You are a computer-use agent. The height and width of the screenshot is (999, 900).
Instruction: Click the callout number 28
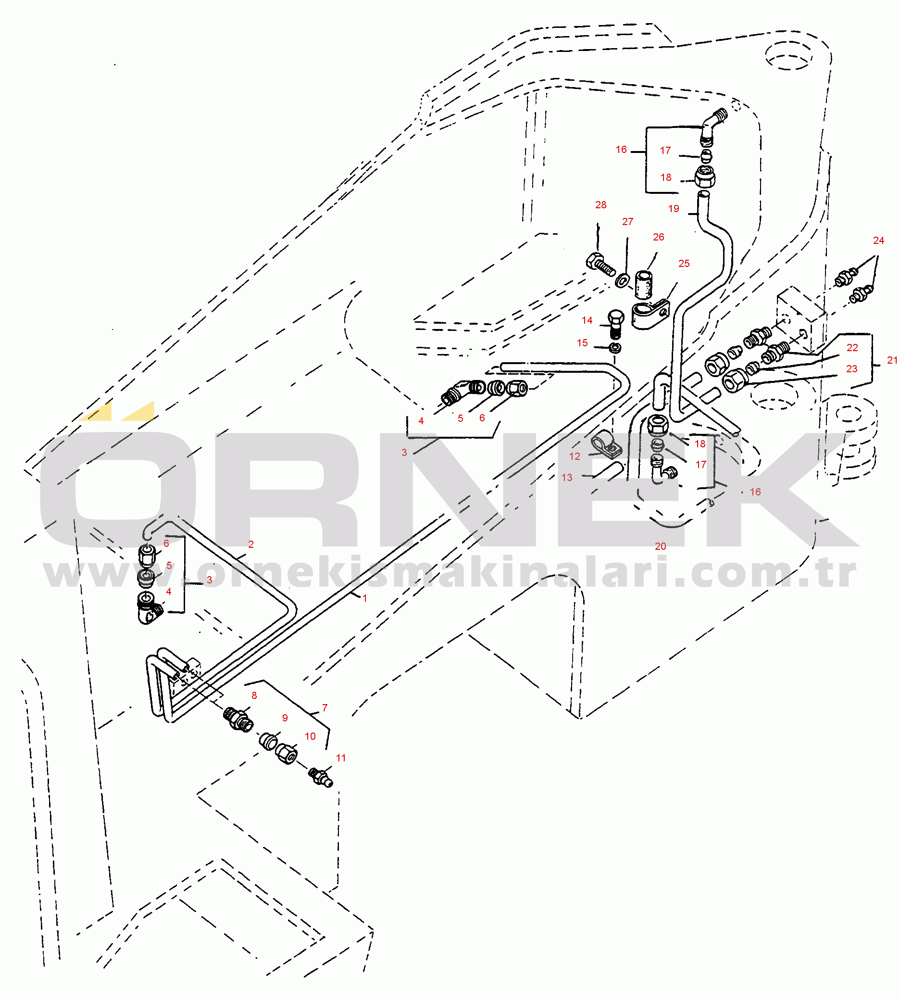[600, 205]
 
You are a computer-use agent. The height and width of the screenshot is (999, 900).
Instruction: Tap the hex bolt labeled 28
[600, 265]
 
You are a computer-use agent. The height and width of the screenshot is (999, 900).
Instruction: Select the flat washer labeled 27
[622, 280]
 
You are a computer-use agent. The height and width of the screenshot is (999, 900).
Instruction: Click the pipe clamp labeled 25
[650, 315]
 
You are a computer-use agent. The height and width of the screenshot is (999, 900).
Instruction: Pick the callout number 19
[674, 209]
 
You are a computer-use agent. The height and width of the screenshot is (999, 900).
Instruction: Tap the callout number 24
[878, 240]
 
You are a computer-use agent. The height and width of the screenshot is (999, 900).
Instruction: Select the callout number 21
[892, 360]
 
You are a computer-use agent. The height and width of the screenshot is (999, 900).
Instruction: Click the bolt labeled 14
[615, 324]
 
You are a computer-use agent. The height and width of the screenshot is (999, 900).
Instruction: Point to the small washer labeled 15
[615, 348]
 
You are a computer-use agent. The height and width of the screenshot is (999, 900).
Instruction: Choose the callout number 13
[567, 478]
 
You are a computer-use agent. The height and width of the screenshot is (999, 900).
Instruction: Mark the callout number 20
[660, 546]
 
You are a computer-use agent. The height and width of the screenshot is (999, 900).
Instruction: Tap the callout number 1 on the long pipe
[364, 598]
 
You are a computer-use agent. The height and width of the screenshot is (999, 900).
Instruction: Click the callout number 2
[250, 544]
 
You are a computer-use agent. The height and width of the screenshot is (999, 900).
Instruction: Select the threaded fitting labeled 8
[238, 720]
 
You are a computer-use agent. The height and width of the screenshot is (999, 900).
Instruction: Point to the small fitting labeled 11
[321, 777]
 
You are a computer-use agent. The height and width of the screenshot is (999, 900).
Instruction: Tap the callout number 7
[325, 708]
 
